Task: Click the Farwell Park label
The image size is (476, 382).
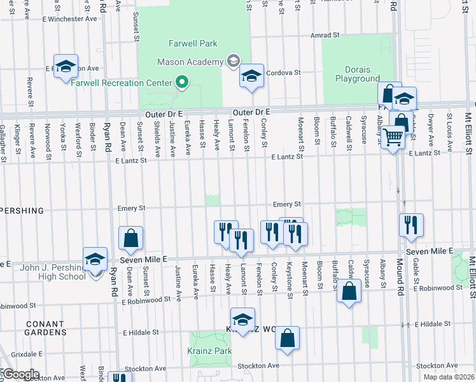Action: point(193,43)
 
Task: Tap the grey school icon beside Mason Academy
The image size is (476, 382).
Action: point(233,62)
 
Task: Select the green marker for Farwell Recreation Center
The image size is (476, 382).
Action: point(182,82)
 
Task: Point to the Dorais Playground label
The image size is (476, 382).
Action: point(357,74)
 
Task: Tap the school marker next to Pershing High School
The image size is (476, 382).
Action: point(95,259)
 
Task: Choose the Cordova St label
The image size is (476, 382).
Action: point(283,73)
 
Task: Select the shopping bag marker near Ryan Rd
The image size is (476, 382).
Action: point(130,238)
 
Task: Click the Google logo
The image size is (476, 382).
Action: point(20,374)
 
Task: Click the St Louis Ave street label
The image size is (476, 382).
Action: point(449,127)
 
